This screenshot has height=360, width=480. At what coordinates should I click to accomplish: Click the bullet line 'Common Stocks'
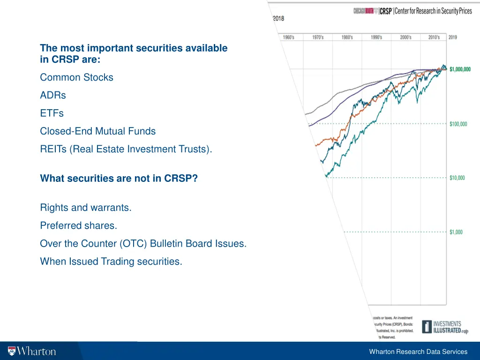pyautogui.click(x=76, y=77)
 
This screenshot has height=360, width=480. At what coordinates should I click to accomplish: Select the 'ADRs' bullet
pyautogui.click(x=53, y=95)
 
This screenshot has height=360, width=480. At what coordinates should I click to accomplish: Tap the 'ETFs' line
pyautogui.click(x=52, y=113)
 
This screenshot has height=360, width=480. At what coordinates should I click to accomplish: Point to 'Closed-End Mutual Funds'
pyautogui.click(x=97, y=131)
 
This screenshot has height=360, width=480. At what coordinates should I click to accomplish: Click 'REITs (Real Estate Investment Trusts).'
pyautogui.click(x=126, y=150)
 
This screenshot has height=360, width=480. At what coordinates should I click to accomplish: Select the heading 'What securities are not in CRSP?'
pyautogui.click(x=119, y=179)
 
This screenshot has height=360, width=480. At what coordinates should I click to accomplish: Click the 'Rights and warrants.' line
pyautogui.click(x=86, y=208)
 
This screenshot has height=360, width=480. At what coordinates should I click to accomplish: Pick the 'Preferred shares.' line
pyautogui.click(x=78, y=225)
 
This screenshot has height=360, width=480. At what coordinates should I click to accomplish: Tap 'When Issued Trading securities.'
pyautogui.click(x=111, y=262)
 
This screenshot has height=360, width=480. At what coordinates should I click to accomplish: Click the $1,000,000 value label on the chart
pyautogui.click(x=460, y=69)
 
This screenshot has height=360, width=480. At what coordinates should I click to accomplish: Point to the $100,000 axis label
pyautogui.click(x=458, y=124)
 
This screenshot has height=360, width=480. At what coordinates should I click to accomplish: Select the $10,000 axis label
pyautogui.click(x=457, y=178)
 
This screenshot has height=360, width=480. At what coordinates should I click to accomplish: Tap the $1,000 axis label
pyautogui.click(x=455, y=232)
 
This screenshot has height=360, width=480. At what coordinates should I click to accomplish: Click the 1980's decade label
pyautogui.click(x=347, y=37)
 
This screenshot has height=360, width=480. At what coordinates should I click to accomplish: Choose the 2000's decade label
pyautogui.click(x=405, y=37)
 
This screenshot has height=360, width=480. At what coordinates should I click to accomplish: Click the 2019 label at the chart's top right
pyautogui.click(x=453, y=37)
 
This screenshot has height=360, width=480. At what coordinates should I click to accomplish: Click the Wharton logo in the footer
pyautogui.click(x=32, y=351)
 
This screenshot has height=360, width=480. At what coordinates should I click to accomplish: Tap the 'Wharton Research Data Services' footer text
pyautogui.click(x=418, y=352)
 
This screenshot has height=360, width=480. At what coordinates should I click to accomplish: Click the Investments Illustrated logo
pyautogui.click(x=444, y=326)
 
